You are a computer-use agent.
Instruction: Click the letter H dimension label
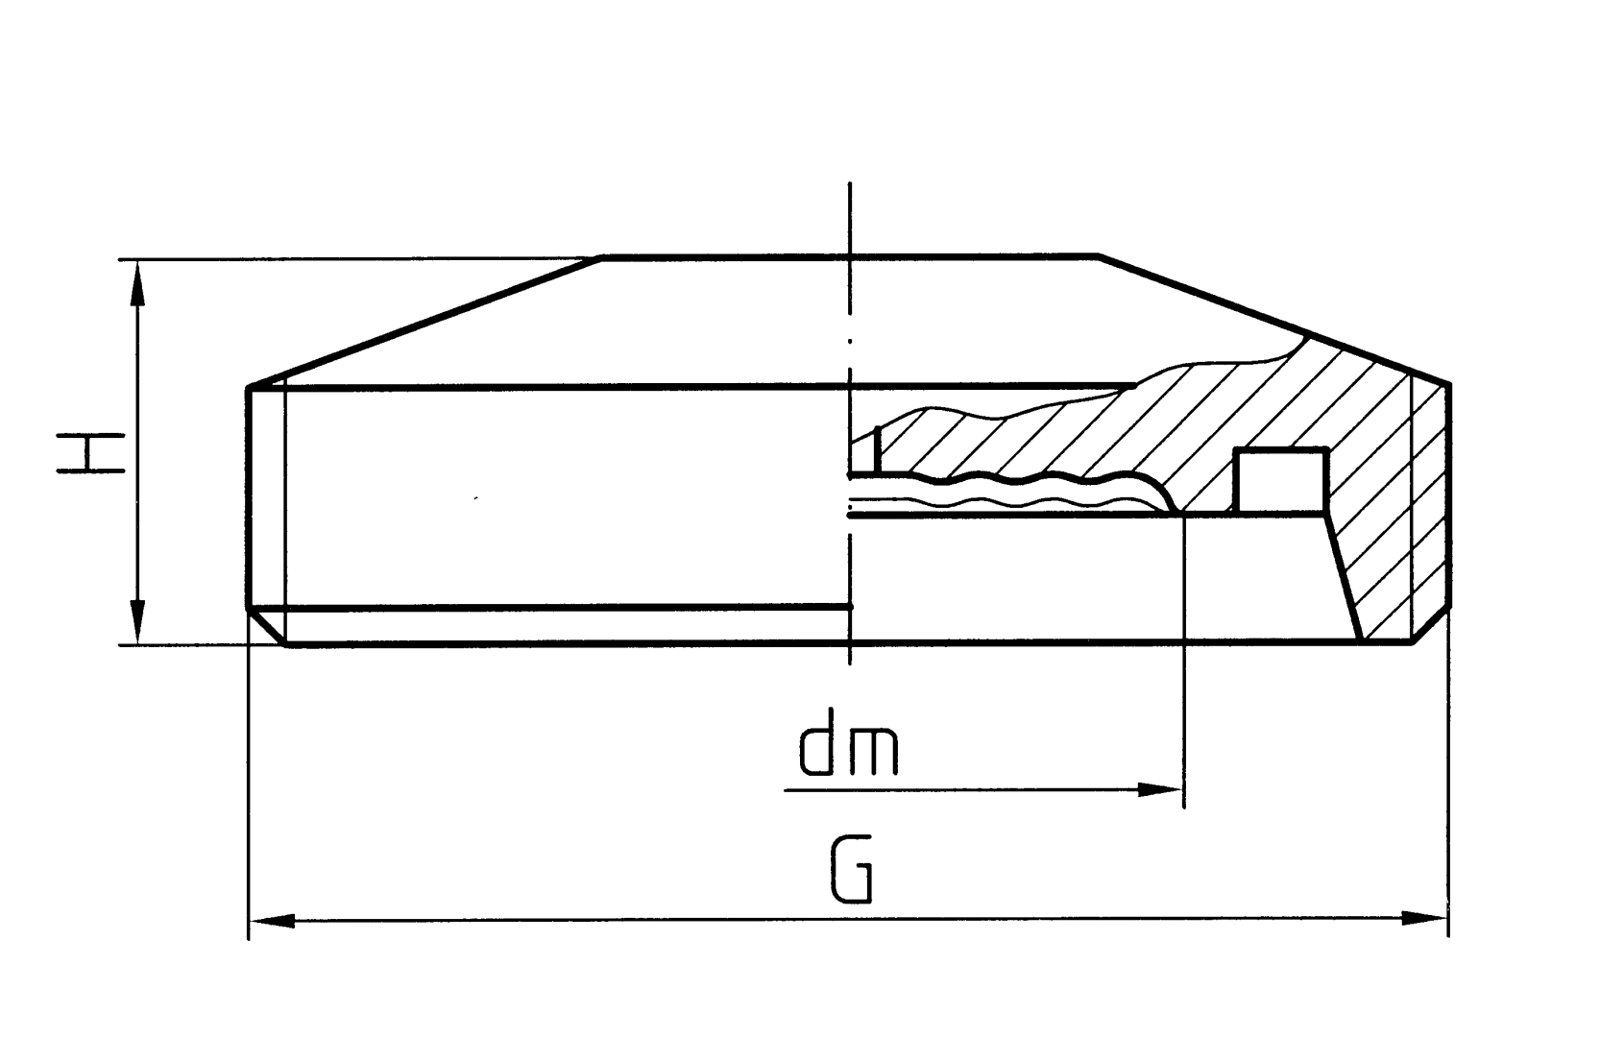point(90,453)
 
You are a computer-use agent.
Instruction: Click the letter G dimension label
point(851,870)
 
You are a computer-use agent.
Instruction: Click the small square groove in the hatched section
point(1279,480)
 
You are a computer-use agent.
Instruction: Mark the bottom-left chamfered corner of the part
point(267,627)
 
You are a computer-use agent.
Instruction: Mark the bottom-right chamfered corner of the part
point(1431,626)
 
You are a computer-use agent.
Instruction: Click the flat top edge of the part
point(850,256)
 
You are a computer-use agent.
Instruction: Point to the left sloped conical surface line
point(423,322)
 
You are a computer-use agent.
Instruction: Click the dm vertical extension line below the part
point(1185,672)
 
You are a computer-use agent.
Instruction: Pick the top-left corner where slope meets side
point(250,387)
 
